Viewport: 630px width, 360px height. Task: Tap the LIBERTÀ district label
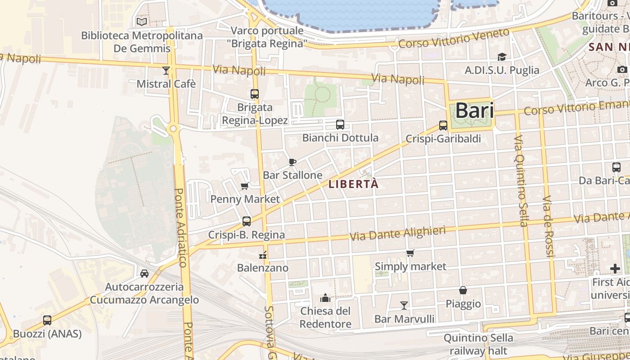[x=354, y=184]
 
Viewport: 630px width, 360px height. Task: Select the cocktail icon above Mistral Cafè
[x=166, y=70]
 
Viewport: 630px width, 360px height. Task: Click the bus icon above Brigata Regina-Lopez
[x=255, y=94]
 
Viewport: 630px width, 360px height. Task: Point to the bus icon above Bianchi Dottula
[x=340, y=125]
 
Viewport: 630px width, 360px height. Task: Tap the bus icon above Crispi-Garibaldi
[x=443, y=126]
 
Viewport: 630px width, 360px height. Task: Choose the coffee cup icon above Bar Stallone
[x=292, y=162]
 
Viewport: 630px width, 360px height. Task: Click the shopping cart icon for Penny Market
[x=245, y=186]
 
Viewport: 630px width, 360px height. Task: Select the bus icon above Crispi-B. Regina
[x=247, y=221]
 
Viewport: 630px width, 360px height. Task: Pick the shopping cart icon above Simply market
[x=410, y=253]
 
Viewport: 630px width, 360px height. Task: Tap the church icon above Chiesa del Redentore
[x=325, y=298]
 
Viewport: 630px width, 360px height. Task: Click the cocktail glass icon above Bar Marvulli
[x=404, y=306]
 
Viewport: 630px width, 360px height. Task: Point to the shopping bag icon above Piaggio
[x=463, y=291]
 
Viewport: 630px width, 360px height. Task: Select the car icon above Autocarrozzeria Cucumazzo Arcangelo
[x=144, y=273]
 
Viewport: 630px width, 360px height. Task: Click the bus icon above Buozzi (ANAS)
[x=47, y=320]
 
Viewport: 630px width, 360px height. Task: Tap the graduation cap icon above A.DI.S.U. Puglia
[x=502, y=57]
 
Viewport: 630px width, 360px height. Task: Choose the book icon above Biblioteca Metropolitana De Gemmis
[x=142, y=22]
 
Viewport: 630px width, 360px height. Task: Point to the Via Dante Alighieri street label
[x=397, y=234]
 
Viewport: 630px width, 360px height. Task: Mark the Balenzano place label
[x=263, y=268]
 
